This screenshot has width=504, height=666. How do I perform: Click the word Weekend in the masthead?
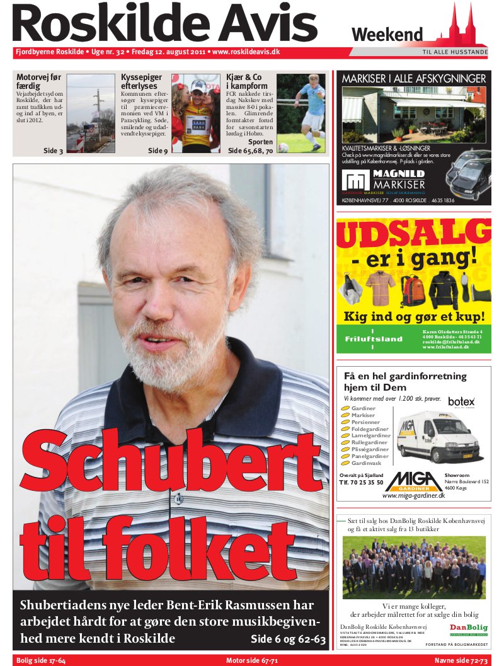tap(387, 34)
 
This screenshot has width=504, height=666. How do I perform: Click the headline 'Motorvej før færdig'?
tap(39, 81)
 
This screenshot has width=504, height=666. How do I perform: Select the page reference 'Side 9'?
tap(157, 151)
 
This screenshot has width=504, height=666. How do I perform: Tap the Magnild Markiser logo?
tap(384, 180)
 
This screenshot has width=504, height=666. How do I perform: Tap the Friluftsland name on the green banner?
tap(374, 339)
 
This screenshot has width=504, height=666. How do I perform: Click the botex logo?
tap(461, 401)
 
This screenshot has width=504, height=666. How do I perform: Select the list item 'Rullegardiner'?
tap(370, 443)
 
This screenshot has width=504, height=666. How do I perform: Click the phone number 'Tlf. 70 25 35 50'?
tap(361, 483)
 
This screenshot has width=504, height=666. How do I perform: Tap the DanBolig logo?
tap(468, 629)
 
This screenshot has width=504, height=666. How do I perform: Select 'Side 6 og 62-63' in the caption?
tap(288, 639)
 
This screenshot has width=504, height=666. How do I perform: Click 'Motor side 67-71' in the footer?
tap(252, 660)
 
